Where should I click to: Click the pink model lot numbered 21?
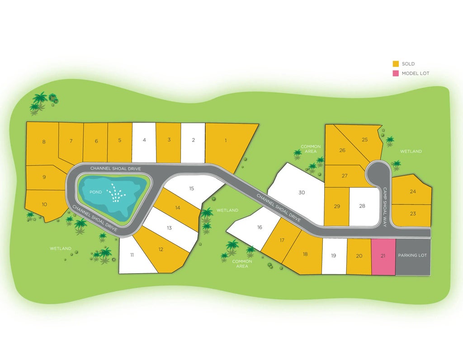(383, 256)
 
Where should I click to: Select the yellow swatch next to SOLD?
(396, 64)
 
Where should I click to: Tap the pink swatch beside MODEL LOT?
(396, 73)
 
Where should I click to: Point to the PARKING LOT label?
(412, 256)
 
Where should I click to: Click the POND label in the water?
(96, 192)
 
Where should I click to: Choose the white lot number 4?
(144, 140)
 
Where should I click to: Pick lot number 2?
(193, 140)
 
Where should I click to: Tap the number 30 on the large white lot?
(302, 193)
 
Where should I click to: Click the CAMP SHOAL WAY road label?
(385, 207)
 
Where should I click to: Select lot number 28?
(362, 206)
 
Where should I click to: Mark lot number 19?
(334, 256)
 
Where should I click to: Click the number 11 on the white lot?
(132, 255)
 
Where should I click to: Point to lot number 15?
(192, 188)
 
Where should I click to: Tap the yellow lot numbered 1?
(226, 140)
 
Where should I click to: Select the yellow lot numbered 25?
(365, 140)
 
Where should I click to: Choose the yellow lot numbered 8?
(44, 142)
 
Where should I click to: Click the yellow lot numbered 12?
(161, 250)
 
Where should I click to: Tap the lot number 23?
(413, 213)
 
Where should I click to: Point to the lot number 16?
(260, 227)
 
